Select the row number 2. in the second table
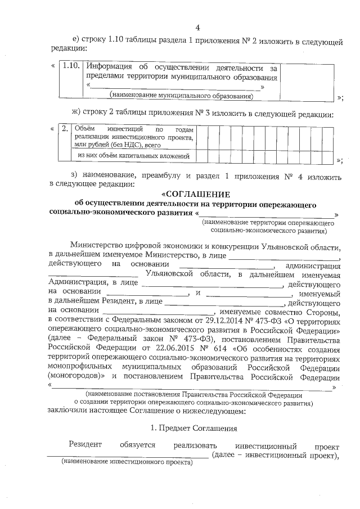(x=65, y=129)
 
